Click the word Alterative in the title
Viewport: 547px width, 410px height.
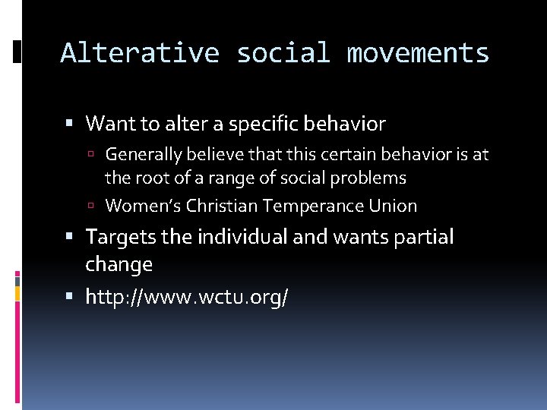tap(140, 53)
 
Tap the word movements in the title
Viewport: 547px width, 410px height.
tap(418, 53)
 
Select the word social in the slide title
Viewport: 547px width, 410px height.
tap(283, 53)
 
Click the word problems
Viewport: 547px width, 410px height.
tap(372, 178)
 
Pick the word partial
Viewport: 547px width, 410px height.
tap(423, 237)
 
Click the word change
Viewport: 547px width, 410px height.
tap(119, 264)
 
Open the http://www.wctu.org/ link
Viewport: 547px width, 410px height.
tap(187, 297)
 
